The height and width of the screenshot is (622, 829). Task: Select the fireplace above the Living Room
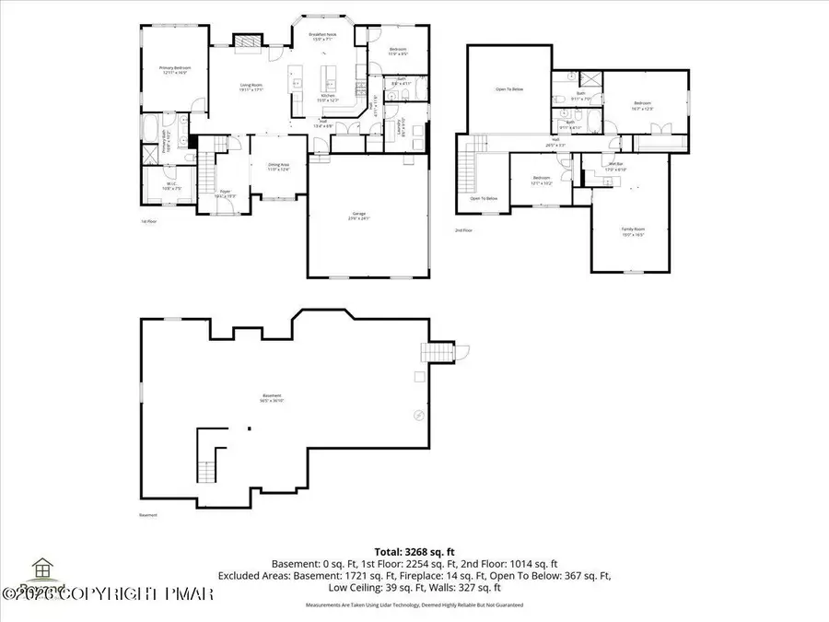243,41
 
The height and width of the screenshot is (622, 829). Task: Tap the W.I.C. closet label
171,186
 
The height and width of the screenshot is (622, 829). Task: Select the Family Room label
632,232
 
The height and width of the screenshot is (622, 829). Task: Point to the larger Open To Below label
508,89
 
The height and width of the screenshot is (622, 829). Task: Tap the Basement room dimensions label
271,398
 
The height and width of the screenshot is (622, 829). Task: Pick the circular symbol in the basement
419,416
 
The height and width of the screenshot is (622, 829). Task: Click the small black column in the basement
248,428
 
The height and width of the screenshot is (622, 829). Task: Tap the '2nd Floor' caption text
463,230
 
